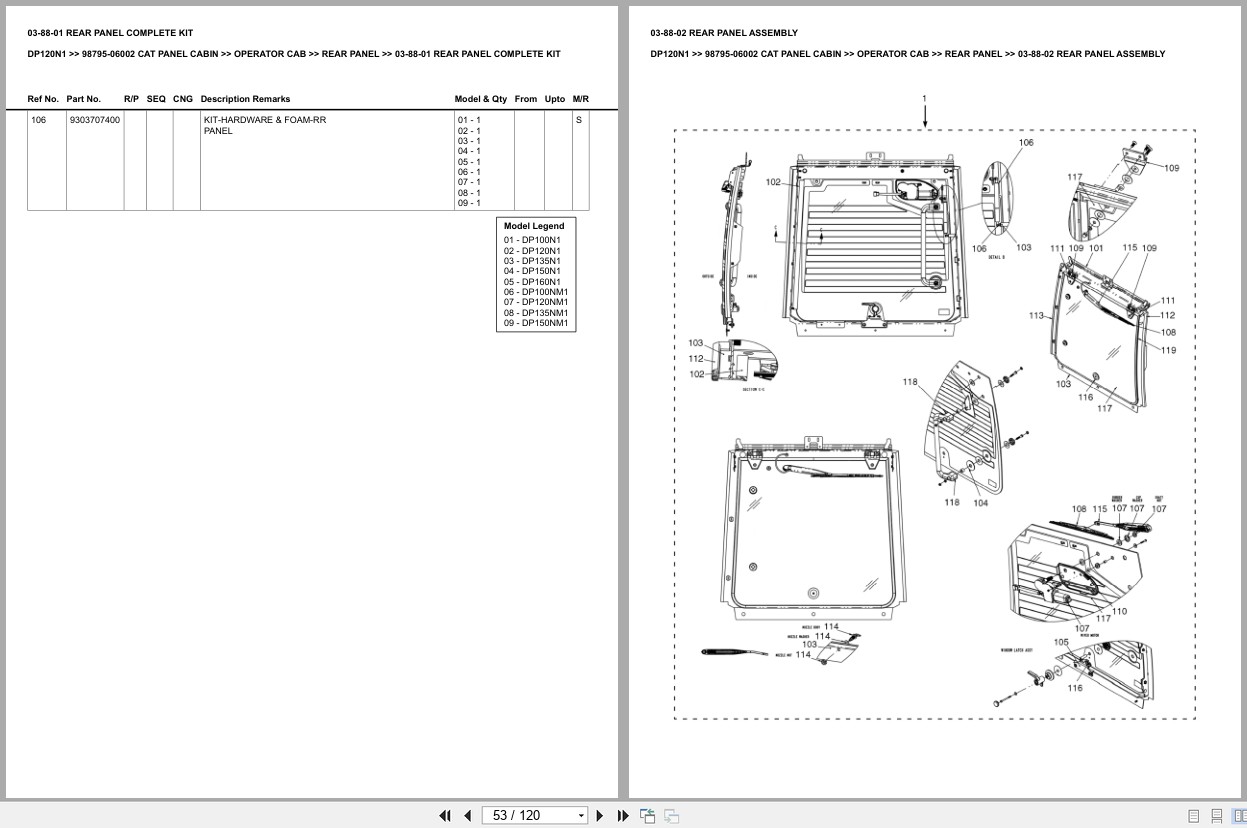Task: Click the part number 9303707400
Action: tap(94, 120)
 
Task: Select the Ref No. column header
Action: tap(43, 99)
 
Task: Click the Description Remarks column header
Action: tap(245, 99)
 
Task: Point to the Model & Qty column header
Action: tap(480, 99)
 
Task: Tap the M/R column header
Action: tap(580, 99)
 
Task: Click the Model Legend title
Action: tap(534, 226)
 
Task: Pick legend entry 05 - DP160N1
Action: tap(532, 282)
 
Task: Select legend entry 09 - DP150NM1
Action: tap(535, 323)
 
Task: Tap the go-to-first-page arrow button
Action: tap(445, 815)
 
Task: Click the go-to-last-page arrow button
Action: tap(623, 815)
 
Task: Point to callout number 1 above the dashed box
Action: tap(924, 98)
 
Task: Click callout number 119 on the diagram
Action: tap(1168, 350)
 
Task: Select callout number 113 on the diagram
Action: tap(1036, 316)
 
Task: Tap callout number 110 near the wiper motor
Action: tap(1119, 611)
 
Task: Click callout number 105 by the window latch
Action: tap(1061, 642)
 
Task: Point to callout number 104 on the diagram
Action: tap(980, 503)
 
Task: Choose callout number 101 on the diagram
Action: tap(1096, 248)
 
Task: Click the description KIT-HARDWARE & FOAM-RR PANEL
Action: tap(265, 125)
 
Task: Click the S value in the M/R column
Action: tap(578, 120)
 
